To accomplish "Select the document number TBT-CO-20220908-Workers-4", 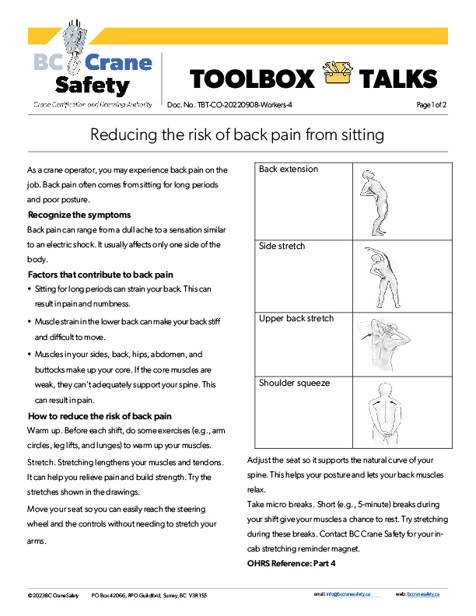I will tap(230, 104).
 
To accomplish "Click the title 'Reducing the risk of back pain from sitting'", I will tap(237, 135).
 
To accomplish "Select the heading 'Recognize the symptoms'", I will tap(79, 215).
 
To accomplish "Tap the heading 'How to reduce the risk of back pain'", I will tap(100, 416).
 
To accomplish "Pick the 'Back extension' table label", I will tap(289, 169).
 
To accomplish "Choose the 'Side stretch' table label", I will tap(282, 246).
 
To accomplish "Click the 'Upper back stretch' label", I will tap(296, 318).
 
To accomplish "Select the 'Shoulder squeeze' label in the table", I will tap(294, 383).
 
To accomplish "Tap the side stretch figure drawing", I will tap(376, 276).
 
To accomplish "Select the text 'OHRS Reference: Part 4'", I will tap(291, 562).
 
